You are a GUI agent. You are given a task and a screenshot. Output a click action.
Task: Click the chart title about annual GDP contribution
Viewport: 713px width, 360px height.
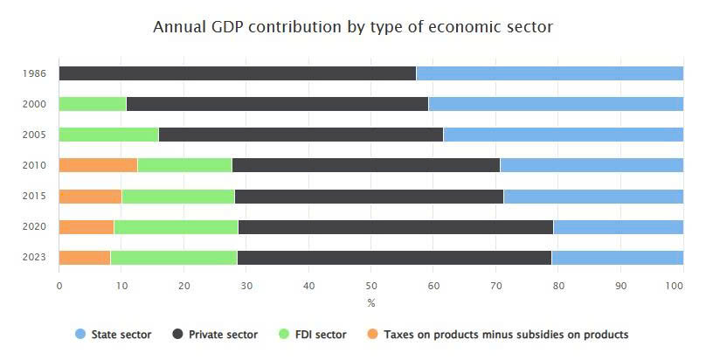353,27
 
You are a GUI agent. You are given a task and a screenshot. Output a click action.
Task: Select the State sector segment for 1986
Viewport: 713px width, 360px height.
550,73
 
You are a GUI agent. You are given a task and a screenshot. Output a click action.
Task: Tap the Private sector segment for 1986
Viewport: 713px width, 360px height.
237,73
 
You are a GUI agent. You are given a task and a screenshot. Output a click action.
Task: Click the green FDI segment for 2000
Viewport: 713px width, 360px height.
92,104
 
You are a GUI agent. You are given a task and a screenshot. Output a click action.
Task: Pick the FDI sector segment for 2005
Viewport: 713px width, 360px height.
108,135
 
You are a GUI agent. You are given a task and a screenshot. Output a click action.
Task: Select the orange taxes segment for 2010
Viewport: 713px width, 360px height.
98,165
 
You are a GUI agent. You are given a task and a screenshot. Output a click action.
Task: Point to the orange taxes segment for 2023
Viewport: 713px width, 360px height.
84,257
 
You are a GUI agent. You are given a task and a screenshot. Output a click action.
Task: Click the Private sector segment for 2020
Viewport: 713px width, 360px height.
395,226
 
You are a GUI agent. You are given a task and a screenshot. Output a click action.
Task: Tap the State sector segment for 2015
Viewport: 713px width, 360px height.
593,196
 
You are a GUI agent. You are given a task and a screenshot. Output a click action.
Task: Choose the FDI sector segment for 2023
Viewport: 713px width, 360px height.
173,257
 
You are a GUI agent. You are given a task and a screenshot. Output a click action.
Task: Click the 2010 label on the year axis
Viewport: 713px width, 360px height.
34,165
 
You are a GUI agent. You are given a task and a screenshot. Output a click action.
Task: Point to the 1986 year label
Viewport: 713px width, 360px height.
34,73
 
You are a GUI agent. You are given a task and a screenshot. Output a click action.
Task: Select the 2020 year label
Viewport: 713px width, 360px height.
34,226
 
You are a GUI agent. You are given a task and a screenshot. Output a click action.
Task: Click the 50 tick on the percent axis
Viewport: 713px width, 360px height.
370,285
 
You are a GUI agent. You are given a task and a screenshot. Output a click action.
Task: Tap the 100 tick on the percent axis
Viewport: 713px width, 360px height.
682,285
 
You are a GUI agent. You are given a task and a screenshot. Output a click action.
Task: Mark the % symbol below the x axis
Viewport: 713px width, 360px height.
370,303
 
